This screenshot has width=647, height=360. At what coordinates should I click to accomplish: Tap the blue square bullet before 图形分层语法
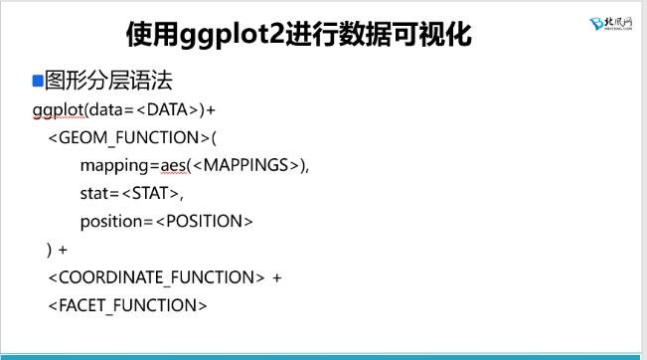click(38, 80)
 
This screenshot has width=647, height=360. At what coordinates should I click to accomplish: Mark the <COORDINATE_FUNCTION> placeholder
click(156, 277)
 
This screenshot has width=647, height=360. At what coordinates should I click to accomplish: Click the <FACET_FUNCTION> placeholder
click(127, 305)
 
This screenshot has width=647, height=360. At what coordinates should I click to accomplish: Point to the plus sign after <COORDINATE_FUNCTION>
click(277, 277)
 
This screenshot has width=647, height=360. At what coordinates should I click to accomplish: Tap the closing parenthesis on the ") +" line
click(50, 250)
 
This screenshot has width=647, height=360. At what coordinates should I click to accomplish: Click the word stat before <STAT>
click(96, 193)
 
